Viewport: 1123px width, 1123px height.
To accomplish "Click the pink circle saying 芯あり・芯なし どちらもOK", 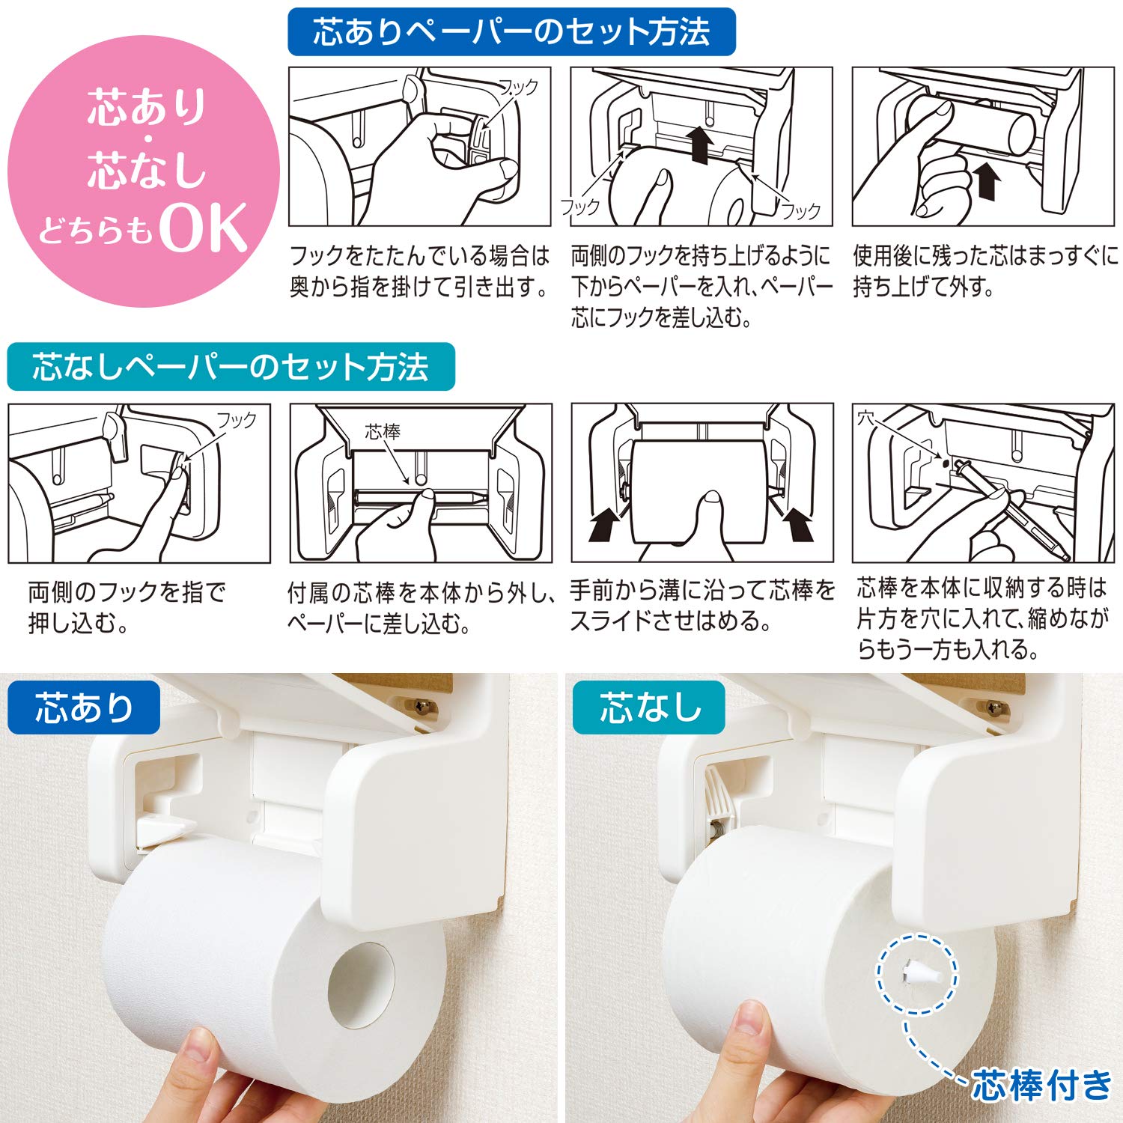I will tap(142, 171).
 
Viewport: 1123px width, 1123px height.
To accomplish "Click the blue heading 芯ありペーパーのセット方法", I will tap(511, 32).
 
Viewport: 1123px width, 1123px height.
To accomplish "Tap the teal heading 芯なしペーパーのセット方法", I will tap(231, 367).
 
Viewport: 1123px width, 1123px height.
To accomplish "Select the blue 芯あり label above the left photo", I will tap(84, 707).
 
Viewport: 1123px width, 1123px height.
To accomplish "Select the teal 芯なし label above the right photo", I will tap(649, 707).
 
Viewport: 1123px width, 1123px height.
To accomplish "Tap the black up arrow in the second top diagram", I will tap(701, 144).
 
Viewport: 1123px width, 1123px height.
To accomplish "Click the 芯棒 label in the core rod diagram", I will tap(383, 431).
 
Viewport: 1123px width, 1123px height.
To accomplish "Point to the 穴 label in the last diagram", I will tap(866, 417).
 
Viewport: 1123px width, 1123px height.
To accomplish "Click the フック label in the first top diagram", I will tap(518, 87).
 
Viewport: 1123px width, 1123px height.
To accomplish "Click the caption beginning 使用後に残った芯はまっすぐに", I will tap(985, 270).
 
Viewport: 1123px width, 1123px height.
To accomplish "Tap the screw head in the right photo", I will tap(995, 706).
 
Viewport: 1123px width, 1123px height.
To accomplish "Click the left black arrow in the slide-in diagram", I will tap(606, 523).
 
